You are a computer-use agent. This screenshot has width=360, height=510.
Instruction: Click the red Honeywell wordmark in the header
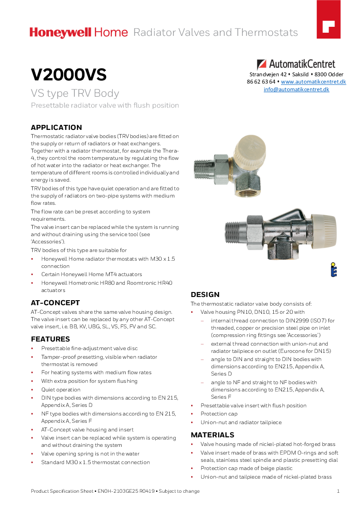(60, 32)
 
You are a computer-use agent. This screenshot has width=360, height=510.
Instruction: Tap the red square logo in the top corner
(328, 25)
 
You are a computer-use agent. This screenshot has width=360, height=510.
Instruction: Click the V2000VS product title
(69, 74)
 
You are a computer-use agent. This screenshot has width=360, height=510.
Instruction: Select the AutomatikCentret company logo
(296, 64)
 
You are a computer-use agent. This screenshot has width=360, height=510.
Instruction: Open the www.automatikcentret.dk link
(313, 82)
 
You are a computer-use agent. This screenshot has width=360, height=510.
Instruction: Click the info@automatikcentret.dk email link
(296, 89)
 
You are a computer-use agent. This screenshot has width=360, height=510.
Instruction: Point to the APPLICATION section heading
(56, 127)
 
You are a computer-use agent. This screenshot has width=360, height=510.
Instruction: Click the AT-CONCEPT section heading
(55, 302)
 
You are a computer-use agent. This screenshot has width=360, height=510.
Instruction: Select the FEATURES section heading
(50, 339)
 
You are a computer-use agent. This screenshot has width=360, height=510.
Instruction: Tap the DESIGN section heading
(205, 294)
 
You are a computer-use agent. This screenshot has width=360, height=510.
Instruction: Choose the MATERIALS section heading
(212, 435)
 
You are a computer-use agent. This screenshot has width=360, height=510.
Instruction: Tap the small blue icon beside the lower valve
(333, 269)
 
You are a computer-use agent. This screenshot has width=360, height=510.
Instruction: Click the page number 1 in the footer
(338, 491)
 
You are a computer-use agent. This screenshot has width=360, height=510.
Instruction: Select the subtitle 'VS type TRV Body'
(75, 93)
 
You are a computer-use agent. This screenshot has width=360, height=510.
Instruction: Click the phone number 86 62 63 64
(261, 82)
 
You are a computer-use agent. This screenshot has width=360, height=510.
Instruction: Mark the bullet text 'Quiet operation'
(61, 390)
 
